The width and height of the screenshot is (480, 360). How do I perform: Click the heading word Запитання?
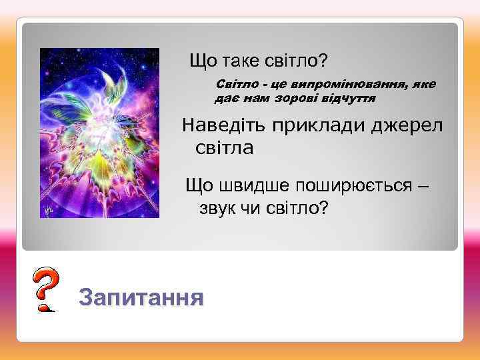141,297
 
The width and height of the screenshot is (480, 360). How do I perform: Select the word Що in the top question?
203,61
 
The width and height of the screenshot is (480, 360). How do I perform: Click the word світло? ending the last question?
299,209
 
